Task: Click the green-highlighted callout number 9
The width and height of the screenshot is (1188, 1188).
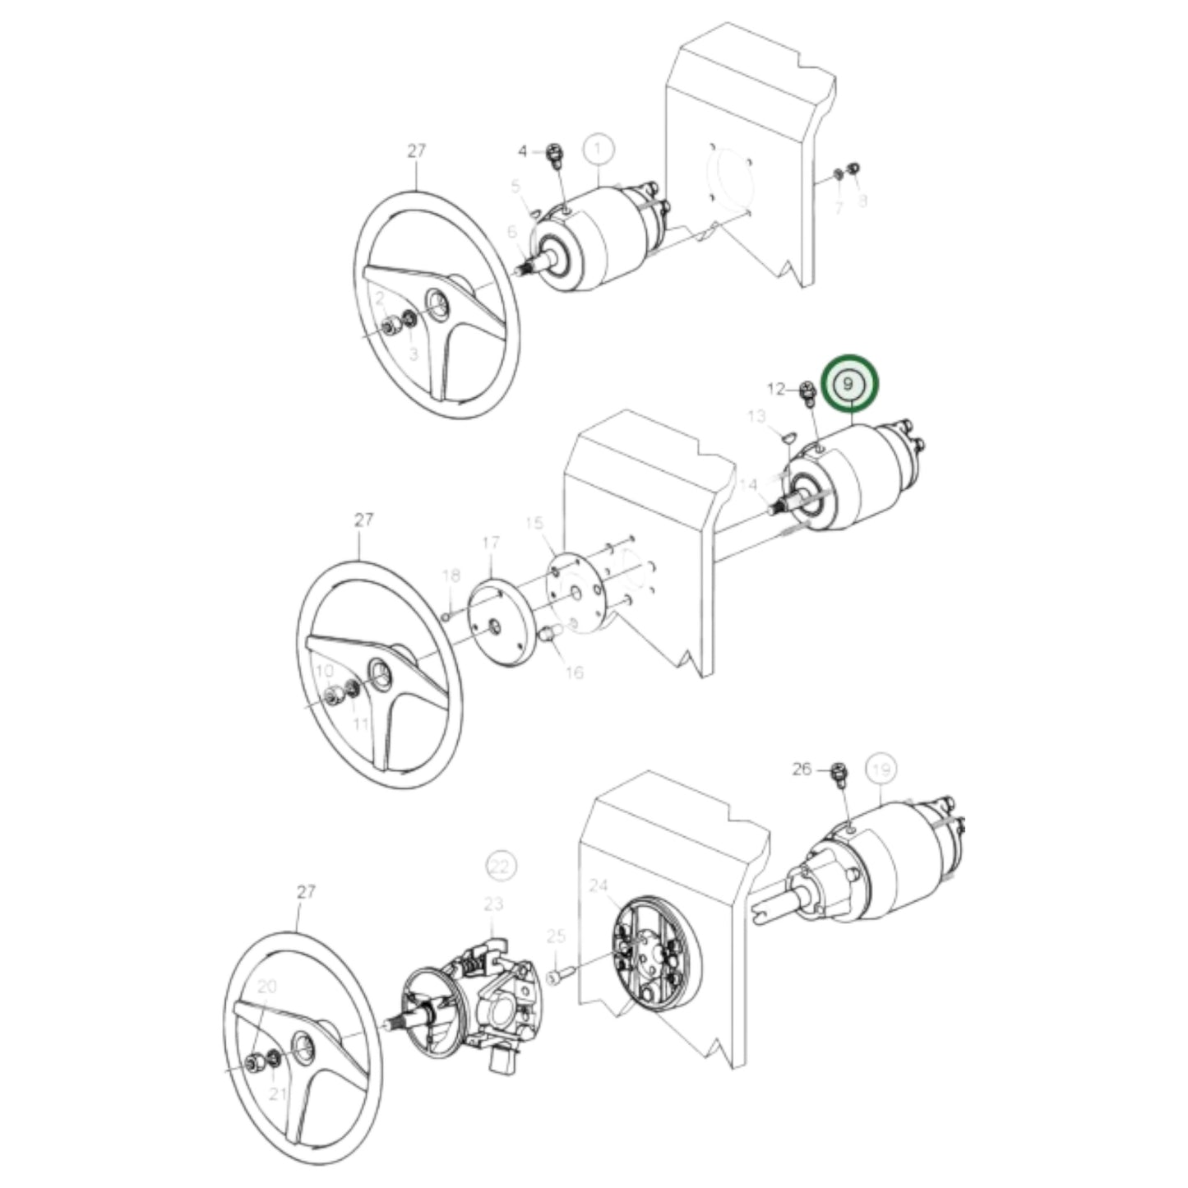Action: click(852, 384)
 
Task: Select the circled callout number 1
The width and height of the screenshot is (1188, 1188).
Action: click(598, 150)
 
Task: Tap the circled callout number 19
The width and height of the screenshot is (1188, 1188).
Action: click(881, 770)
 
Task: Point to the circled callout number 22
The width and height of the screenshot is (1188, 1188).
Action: click(500, 865)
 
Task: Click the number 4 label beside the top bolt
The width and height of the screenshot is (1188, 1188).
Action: click(523, 151)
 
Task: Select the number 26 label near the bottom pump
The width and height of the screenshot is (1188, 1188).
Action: click(802, 770)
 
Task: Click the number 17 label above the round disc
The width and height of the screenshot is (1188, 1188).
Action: click(491, 543)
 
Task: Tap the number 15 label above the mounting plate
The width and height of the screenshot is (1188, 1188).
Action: click(534, 523)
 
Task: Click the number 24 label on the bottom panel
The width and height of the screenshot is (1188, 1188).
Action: click(598, 885)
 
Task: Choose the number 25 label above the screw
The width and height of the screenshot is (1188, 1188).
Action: click(557, 936)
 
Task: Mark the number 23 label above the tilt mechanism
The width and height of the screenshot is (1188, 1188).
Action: click(492, 904)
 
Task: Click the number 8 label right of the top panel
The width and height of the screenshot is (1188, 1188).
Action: click(861, 200)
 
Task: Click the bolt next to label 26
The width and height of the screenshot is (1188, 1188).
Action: click(839, 773)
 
